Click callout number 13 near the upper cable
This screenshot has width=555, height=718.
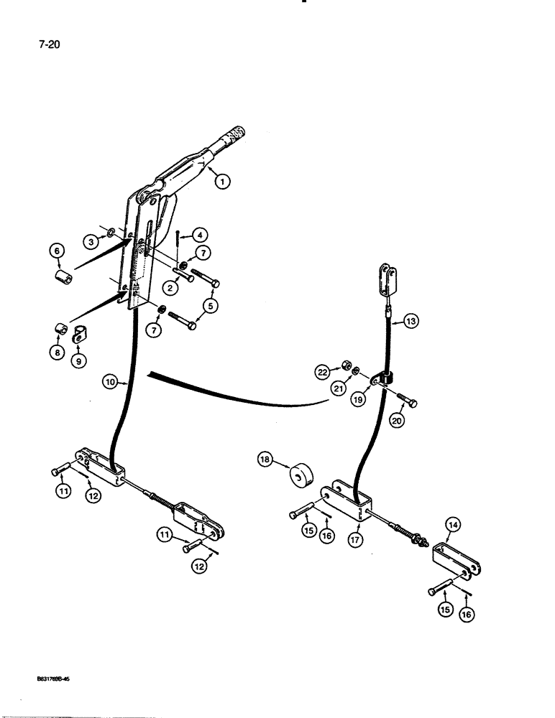(x=410, y=323)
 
